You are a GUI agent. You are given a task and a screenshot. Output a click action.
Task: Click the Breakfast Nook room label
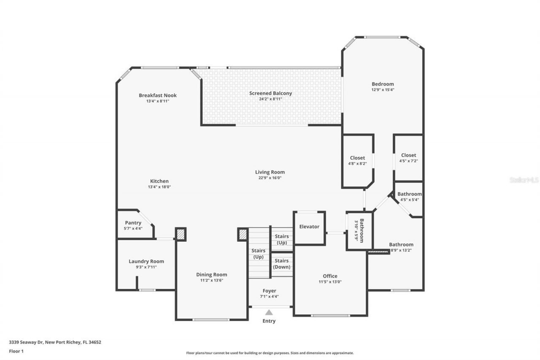[158, 95]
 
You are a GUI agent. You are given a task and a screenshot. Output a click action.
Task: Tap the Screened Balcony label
[270, 93]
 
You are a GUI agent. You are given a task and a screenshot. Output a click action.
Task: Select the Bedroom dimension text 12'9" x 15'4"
[383, 89]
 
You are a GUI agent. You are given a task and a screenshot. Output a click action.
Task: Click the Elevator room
[309, 227]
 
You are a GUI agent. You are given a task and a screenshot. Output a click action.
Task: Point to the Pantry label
[133, 223]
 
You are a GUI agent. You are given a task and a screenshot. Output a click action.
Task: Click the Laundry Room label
[146, 261]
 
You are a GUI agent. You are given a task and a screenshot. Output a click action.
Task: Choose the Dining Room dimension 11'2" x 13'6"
[214, 280]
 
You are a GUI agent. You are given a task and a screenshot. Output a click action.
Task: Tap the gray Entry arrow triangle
[269, 312]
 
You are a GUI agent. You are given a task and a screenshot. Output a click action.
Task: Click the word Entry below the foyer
[269, 321]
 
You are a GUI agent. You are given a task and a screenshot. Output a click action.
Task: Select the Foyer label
[270, 291]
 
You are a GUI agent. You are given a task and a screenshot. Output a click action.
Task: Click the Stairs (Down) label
[281, 264]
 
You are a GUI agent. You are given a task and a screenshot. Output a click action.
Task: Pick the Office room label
[330, 276]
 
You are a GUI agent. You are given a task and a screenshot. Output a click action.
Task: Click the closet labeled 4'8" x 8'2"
[357, 160]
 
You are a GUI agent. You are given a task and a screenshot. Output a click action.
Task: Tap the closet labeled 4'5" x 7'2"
[408, 158]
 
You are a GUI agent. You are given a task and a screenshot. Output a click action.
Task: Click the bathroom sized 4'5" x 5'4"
[409, 197]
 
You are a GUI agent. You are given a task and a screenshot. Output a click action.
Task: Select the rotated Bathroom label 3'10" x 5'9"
[359, 230]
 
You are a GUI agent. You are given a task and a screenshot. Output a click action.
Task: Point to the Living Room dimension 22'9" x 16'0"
[270, 178]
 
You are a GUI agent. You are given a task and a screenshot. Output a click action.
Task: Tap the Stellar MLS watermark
[524, 180]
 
